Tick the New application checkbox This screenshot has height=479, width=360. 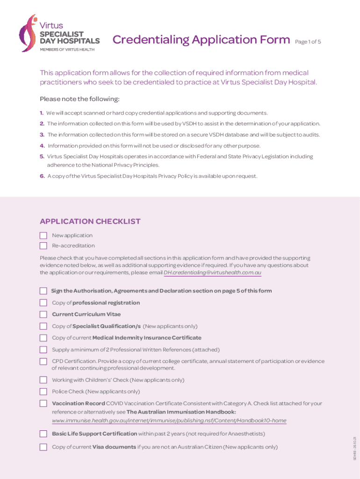[x=43, y=235]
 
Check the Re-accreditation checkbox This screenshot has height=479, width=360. [x=43, y=246]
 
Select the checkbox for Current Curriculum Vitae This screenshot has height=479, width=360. [x=43, y=314]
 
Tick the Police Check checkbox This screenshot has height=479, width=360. [x=43, y=392]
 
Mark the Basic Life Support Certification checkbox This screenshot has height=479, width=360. [x=43, y=434]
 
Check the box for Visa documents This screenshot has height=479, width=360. [x=43, y=447]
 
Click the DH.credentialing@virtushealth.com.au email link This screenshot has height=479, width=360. [x=212, y=272]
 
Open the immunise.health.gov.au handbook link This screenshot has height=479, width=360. [x=169, y=421]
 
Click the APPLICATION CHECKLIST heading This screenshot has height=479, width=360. [x=90, y=221]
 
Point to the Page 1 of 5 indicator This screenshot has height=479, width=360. [x=308, y=42]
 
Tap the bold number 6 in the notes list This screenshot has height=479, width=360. [x=42, y=176]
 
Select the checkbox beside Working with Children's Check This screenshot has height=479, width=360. [x=43, y=380]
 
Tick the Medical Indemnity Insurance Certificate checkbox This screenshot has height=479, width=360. [x=43, y=338]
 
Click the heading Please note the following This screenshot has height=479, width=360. [x=79, y=99]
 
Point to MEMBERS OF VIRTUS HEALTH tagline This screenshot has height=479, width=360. [x=66, y=50]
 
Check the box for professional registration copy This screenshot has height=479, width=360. [x=43, y=303]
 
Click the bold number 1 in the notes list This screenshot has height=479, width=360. [x=42, y=113]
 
